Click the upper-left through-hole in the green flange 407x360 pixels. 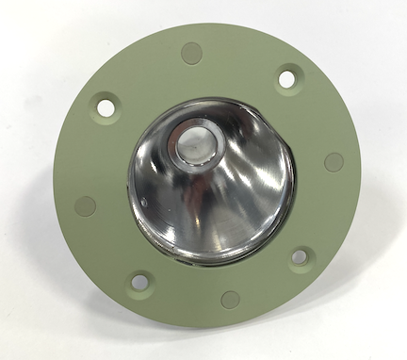click(106, 107)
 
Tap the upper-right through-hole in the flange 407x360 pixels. click(286, 79)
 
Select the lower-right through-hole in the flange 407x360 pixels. click(299, 255)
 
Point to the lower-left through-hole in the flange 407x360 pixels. click(139, 281)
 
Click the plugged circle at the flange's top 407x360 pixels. click(191, 53)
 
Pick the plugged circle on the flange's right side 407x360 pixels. click(334, 161)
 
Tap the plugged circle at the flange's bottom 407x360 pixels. click(230, 300)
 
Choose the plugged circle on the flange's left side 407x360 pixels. click(86, 205)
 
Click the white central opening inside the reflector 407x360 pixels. click(196, 144)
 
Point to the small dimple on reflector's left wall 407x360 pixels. click(143, 203)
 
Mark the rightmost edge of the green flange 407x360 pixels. click(360, 170)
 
